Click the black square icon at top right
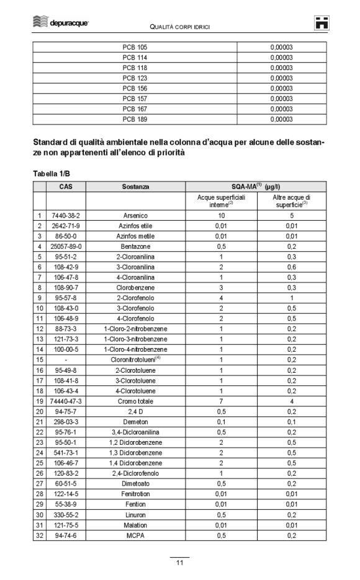(321, 23)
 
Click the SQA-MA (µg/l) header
(255, 185)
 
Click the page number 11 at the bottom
(179, 563)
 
